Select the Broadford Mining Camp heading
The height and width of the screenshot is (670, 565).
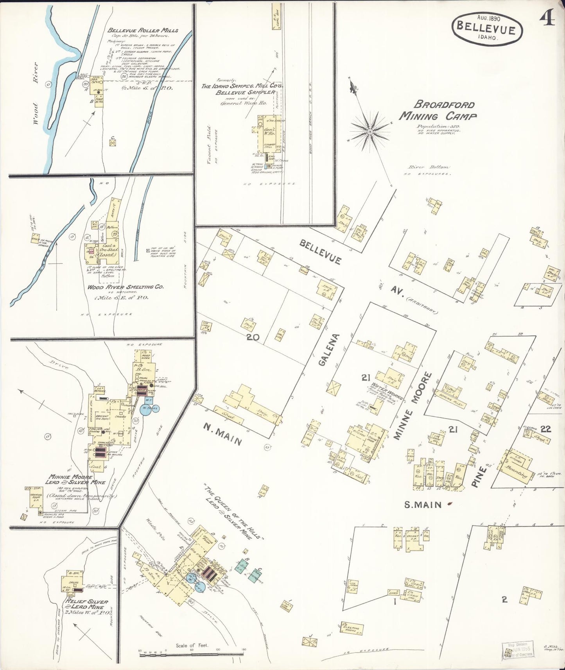438,110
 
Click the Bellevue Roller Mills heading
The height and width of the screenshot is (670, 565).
143,30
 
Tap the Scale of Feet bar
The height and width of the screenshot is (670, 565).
192,651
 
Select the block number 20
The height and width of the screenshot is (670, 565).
253,337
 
